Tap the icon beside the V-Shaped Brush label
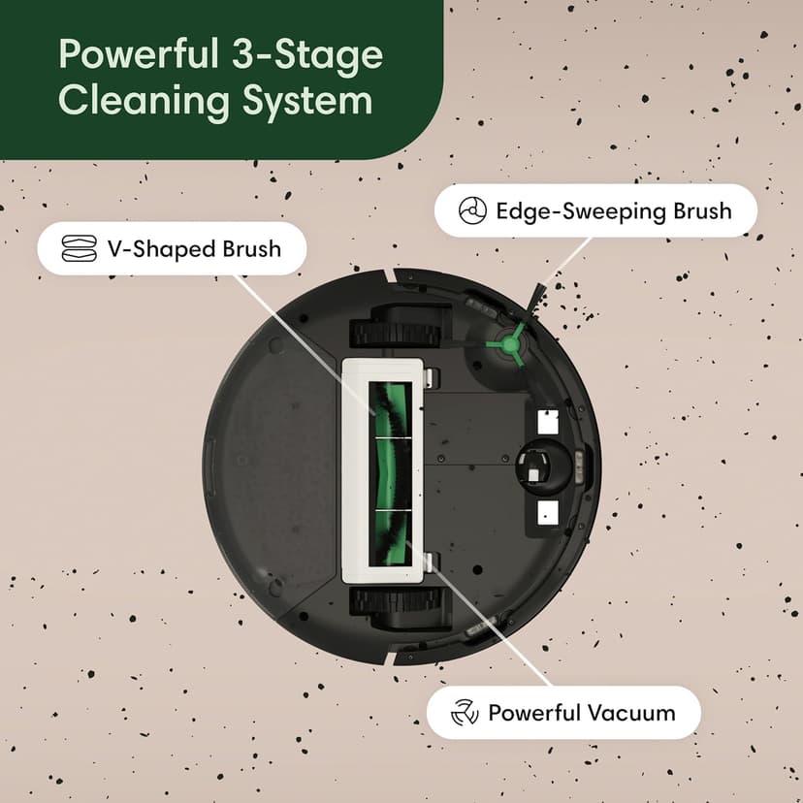tap(78, 249)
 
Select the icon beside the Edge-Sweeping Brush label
tap(469, 210)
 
